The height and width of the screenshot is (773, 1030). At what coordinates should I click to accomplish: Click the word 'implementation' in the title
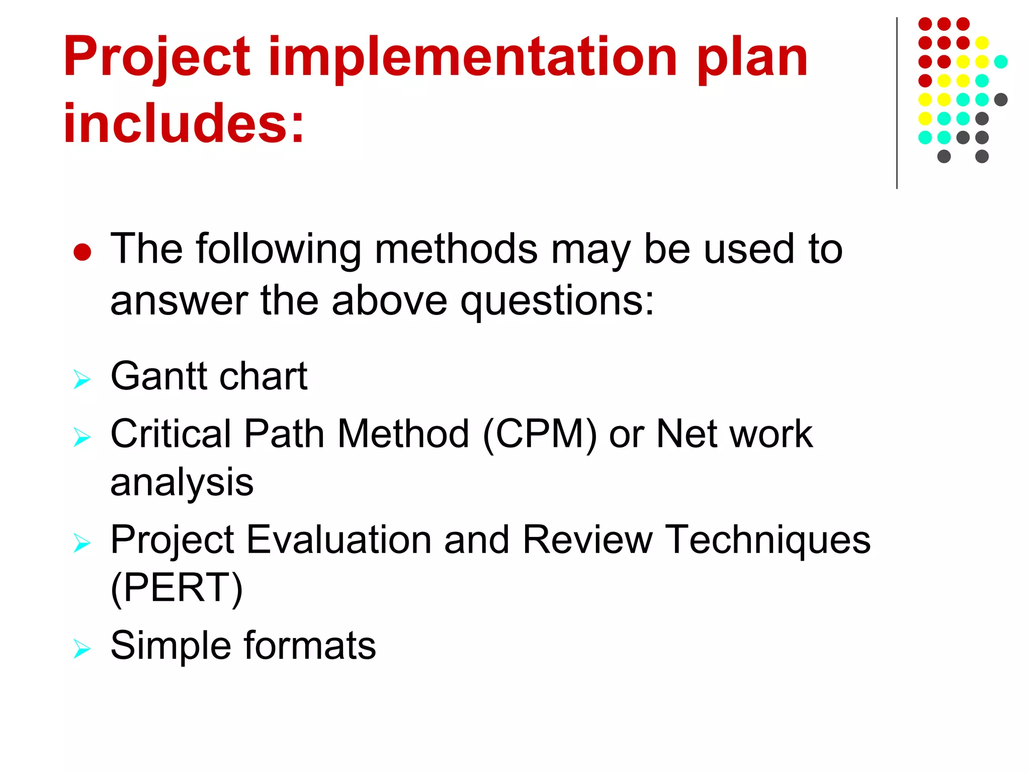473,58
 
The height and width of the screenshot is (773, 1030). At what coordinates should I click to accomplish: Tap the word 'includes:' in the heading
184,123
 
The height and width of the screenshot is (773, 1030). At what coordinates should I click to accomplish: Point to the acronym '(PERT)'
177,588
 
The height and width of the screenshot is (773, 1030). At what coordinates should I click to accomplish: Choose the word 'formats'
310,646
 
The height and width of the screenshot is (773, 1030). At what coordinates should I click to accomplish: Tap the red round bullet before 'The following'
82,252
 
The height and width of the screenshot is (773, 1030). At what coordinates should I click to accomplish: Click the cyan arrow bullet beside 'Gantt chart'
81,379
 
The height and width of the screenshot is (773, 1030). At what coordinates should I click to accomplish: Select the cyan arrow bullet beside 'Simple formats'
81,648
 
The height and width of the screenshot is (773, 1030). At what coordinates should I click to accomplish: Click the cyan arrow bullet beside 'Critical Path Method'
81,436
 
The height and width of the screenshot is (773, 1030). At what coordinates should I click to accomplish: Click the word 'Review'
587,540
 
